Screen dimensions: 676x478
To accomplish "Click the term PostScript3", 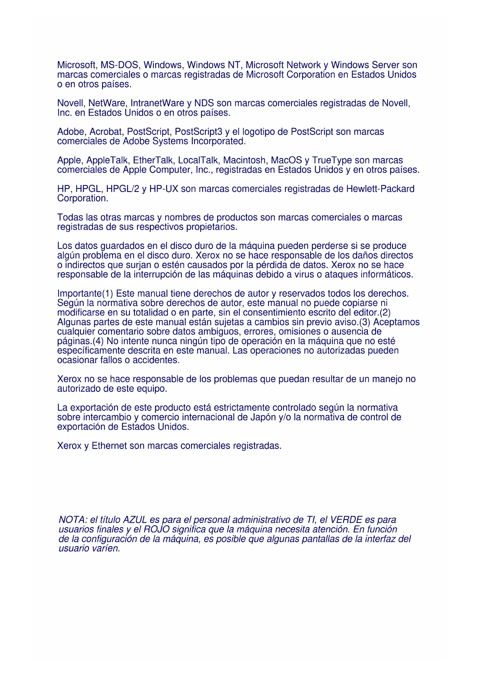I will (x=198, y=132).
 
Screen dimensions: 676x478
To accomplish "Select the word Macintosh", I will (x=245, y=160).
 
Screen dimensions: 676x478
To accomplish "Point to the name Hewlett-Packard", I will (x=380, y=189).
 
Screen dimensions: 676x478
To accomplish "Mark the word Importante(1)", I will (x=85, y=294).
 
